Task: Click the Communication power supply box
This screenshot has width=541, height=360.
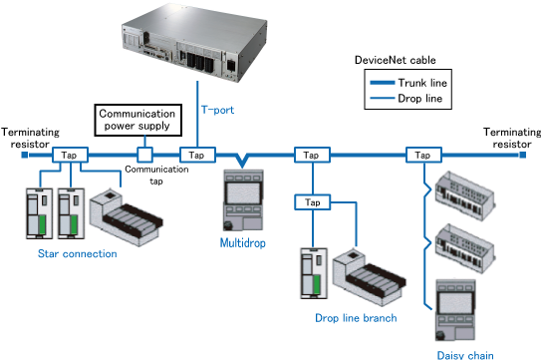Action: coord(138,120)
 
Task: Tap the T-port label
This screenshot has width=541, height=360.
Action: coord(218,110)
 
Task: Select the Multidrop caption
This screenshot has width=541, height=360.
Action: coord(243,243)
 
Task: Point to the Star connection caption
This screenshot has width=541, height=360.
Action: coord(78,253)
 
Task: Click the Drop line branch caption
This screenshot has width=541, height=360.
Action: coord(356,318)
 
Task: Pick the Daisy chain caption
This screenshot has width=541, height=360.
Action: coord(465,355)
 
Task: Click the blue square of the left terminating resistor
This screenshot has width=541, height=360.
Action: coord(25,155)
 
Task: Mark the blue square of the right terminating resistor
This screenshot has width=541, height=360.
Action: coord(523,155)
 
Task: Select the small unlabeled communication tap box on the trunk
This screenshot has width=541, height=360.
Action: coord(144,155)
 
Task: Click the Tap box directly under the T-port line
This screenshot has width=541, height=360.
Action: coord(197,155)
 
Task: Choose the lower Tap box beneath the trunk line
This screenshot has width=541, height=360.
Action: coord(313,202)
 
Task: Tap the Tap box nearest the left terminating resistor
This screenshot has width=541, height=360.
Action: coord(70,155)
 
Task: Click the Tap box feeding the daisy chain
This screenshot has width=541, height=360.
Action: coord(423,155)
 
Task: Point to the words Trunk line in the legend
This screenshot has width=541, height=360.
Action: coord(422,83)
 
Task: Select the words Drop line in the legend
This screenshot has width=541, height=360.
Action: coord(420,99)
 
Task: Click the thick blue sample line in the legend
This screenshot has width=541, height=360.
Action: coord(383,83)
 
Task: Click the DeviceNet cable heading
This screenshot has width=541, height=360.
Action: coord(396,60)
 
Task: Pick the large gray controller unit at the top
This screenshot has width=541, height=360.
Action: coord(194,42)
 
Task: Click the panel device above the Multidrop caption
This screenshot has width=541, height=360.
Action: coord(243,200)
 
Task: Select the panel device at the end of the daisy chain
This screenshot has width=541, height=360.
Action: coord(455,310)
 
